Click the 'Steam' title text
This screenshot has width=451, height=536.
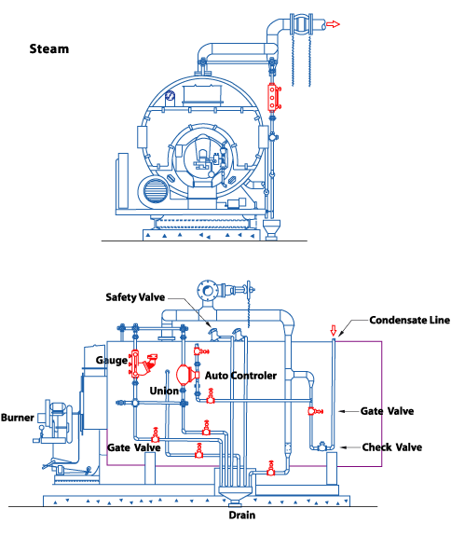[x=49, y=48]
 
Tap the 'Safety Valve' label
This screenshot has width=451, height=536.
[x=135, y=297]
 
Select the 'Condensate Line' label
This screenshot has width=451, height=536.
[x=409, y=321]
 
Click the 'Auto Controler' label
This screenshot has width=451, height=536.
[x=240, y=376]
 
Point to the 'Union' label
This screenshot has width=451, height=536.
[x=164, y=391]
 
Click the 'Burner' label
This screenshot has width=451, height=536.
[x=18, y=418]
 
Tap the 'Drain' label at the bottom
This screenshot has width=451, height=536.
[x=242, y=515]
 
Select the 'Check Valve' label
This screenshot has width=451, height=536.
[x=392, y=447]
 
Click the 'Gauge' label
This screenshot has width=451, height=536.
[x=112, y=361]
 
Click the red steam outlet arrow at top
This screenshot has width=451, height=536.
[x=333, y=24]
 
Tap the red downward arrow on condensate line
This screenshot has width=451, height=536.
[x=334, y=330]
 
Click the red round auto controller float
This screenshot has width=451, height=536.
[x=184, y=375]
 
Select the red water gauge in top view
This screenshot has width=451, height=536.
[x=272, y=98]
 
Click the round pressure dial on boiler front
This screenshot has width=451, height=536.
[x=170, y=96]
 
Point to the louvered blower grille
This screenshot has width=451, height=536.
[x=156, y=191]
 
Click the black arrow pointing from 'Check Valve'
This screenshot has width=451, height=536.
[x=349, y=447]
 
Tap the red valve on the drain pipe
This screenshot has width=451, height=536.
[x=271, y=469]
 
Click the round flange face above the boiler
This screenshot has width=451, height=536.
[x=208, y=291]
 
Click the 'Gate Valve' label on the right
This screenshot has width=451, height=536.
[x=387, y=411]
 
